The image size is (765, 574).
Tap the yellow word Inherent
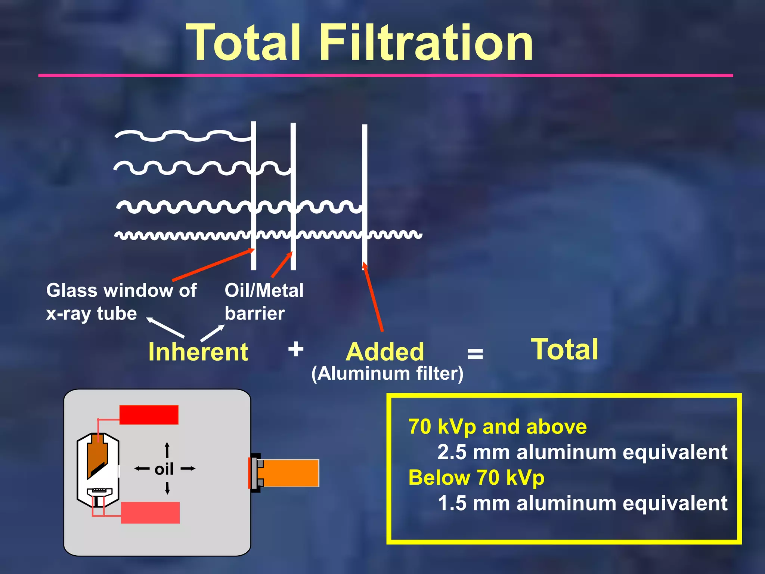point(198,352)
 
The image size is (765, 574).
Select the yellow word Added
point(385,352)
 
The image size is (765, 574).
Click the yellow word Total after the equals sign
point(564,349)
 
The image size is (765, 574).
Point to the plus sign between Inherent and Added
point(296,349)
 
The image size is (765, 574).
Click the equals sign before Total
point(475,353)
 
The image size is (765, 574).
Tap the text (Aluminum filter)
point(387,373)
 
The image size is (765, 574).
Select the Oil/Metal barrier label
point(264,302)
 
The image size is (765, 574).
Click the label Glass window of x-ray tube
point(121,302)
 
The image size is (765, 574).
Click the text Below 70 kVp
point(476,478)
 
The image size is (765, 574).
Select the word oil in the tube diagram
point(164,469)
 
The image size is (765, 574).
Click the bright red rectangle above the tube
point(149,415)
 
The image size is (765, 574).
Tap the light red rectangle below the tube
point(150,512)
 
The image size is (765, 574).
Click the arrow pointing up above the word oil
point(167,450)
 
